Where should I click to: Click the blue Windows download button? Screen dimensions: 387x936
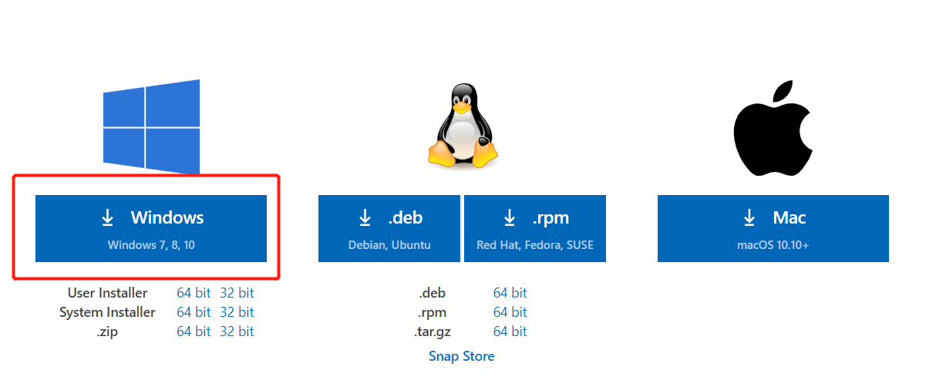coord(151,227)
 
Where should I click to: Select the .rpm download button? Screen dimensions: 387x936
coord(535,227)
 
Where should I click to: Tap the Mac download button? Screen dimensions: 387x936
coord(773,227)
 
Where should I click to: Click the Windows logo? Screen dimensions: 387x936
coord(152,127)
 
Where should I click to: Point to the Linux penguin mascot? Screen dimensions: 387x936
coord(463,127)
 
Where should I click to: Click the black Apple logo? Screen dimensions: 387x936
coord(773,127)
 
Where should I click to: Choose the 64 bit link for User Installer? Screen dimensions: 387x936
coord(194,293)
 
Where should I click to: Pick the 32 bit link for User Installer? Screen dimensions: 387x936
coord(237,293)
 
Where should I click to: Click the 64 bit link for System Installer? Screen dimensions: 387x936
coord(194,312)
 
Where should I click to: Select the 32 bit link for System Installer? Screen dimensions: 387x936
coord(237,312)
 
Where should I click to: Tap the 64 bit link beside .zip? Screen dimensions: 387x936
coord(194,331)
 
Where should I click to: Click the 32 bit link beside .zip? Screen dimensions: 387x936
coord(237,331)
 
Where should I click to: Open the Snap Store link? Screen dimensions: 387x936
coord(462,356)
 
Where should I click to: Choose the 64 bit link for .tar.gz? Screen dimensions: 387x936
coord(510,331)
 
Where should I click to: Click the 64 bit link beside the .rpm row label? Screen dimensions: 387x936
coord(510,312)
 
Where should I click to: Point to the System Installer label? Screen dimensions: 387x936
coord(107,312)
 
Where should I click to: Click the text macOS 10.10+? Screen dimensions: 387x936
coord(773,245)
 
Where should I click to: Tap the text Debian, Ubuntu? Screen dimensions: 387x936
coord(389,245)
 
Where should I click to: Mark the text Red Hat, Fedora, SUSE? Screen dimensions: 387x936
coord(535,245)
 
